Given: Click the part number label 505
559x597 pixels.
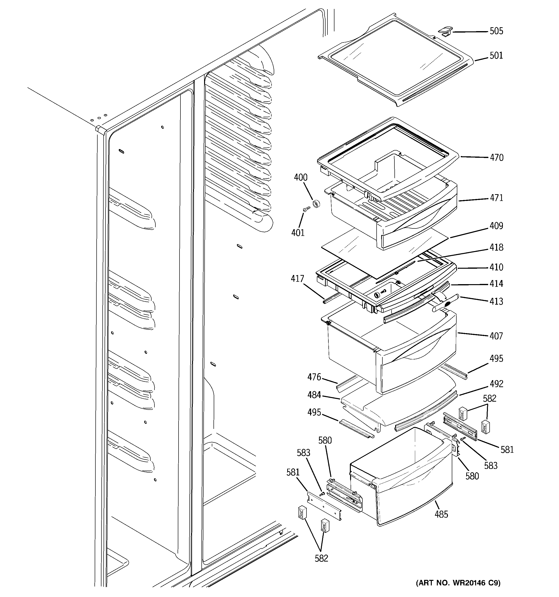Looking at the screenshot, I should pyautogui.click(x=496, y=31).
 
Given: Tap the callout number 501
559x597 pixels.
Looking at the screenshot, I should pyautogui.click(x=496, y=55).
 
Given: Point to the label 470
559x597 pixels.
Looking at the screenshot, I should pyautogui.click(x=497, y=157).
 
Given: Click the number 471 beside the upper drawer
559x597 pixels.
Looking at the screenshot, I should pyautogui.click(x=496, y=198).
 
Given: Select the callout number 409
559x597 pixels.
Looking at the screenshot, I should pyautogui.click(x=496, y=226).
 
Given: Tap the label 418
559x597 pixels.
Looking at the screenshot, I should pyautogui.click(x=496, y=247).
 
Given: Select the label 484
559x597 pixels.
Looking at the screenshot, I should pyautogui.click(x=314, y=395).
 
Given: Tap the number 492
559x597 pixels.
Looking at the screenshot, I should pyautogui.click(x=496, y=384).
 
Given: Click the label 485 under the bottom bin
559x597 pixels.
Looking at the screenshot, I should pyautogui.click(x=441, y=515).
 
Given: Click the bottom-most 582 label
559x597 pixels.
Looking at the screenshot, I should pyautogui.click(x=321, y=558).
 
